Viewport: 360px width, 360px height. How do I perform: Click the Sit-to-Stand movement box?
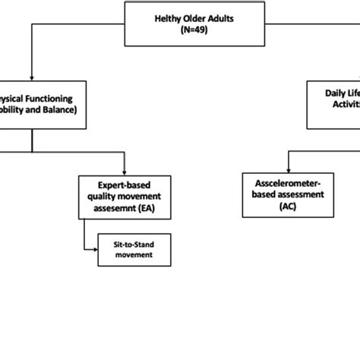(x=133, y=250)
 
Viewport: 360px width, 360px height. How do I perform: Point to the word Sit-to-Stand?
(x=133, y=245)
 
